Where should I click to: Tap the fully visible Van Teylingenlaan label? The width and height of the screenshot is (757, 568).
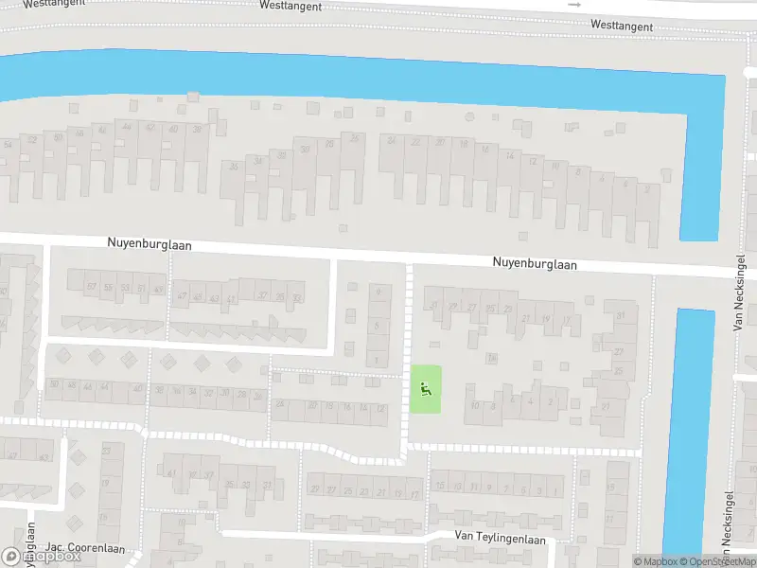coord(500,538)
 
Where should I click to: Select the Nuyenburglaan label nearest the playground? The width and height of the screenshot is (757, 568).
coord(534,265)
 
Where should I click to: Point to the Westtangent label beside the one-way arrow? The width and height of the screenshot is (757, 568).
coord(621,26)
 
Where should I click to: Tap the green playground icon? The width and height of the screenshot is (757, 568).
coord(425,388)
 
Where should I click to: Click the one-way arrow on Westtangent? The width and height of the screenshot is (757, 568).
coord(573,5)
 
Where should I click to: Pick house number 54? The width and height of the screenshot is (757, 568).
coord(9,144)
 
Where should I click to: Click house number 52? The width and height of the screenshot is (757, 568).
coord(33,140)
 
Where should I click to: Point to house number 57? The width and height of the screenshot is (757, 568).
coord(92,287)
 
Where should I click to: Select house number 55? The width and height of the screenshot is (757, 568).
coord(109,287)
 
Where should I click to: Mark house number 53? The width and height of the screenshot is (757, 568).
coord(126,288)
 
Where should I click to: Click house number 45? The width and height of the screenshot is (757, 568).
coord(198,297)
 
